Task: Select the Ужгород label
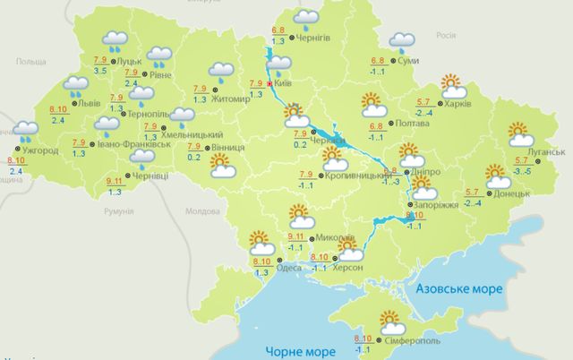(40, 150)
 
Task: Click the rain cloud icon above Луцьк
(114, 40)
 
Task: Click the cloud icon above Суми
(403, 41)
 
